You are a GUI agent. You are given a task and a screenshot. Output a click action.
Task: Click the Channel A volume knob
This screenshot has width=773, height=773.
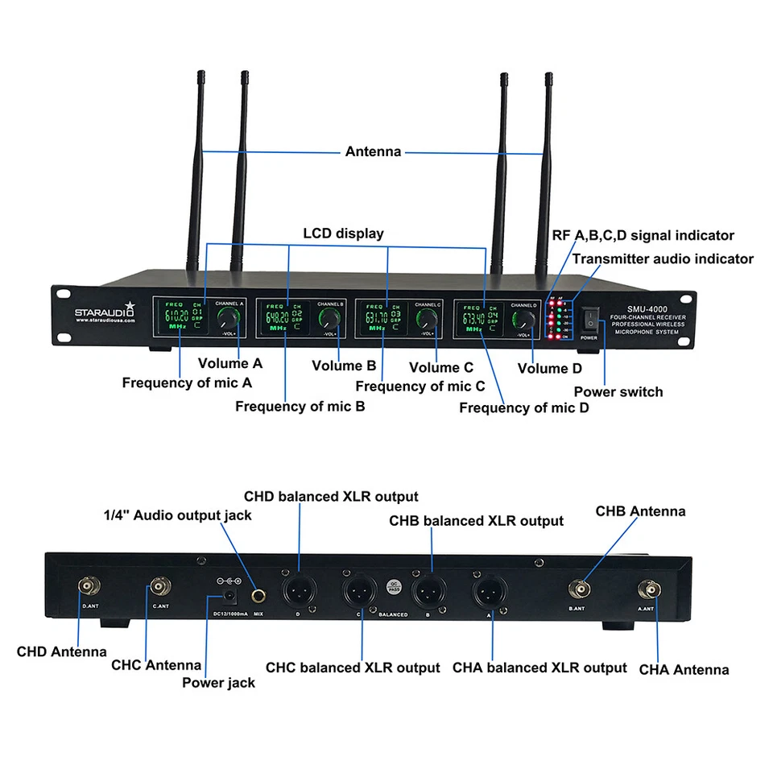point(229,317)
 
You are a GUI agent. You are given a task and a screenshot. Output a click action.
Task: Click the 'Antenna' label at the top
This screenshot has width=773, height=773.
point(373,151)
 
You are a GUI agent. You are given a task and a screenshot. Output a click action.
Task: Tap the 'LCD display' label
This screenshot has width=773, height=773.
point(343,234)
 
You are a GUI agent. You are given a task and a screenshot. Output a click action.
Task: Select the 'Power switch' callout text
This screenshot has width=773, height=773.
point(618,392)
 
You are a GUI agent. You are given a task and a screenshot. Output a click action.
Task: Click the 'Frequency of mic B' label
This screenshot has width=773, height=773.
point(300,407)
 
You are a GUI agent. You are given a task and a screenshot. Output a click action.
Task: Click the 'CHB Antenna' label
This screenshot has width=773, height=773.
point(641,511)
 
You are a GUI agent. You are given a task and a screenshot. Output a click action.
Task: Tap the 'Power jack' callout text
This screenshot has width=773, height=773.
point(218,683)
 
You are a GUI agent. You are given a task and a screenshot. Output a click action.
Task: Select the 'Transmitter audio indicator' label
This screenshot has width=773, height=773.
point(663,258)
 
